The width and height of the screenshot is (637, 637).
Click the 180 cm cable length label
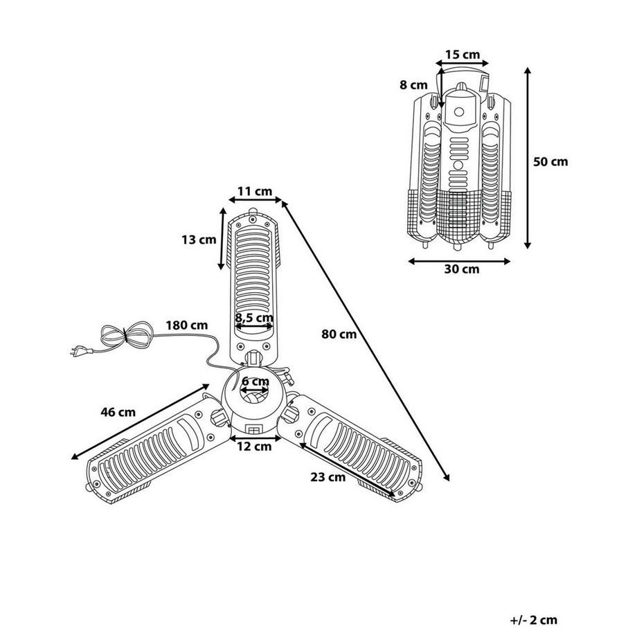pyautogui.click(x=186, y=325)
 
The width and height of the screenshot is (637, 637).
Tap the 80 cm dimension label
pyautogui.click(x=339, y=334)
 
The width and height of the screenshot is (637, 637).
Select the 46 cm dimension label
pyautogui.click(x=118, y=412)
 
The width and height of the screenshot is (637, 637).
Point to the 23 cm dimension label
pyautogui.click(x=328, y=477)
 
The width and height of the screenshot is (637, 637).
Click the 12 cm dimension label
pyautogui.click(x=254, y=447)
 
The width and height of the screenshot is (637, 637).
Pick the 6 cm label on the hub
pyautogui.click(x=255, y=382)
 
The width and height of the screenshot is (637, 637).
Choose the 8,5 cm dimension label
pyautogui.click(x=254, y=317)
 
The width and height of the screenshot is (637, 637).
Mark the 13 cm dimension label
pyautogui.click(x=199, y=240)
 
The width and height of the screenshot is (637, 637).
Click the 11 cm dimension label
pyautogui.click(x=255, y=191)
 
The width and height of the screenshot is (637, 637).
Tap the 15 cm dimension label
pyautogui.click(x=463, y=55)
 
